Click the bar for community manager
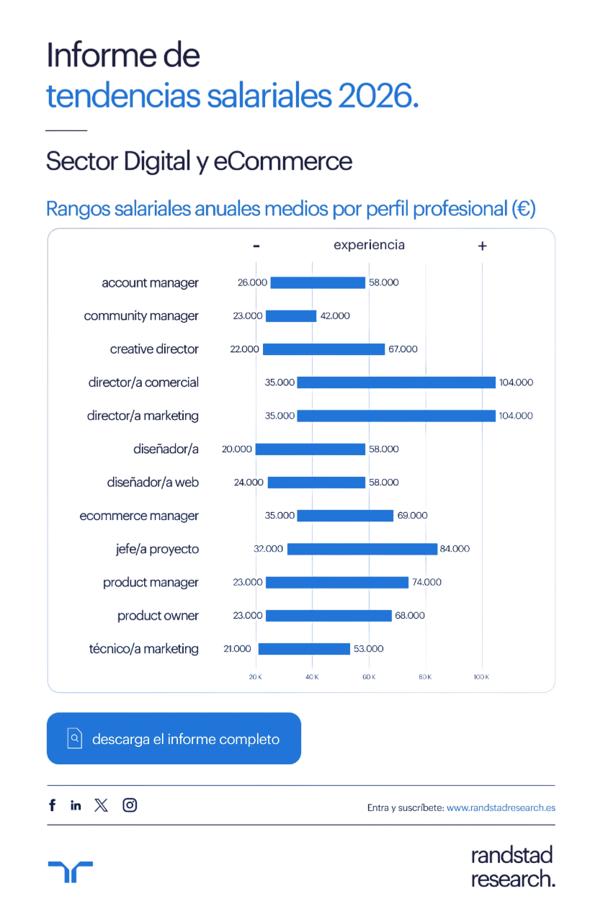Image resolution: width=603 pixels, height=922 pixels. (291, 316)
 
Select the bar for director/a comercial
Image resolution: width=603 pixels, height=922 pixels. (396, 382)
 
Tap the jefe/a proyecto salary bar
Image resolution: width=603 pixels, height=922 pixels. (362, 549)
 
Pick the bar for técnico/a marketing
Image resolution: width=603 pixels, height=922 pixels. (304, 649)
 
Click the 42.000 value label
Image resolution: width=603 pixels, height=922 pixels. (335, 316)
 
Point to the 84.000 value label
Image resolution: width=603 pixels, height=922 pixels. (455, 549)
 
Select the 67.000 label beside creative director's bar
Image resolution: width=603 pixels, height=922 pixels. (402, 349)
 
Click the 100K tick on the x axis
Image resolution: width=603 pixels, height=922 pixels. (481, 677)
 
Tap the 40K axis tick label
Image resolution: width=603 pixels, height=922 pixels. (312, 677)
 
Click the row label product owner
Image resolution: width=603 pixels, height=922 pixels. (158, 616)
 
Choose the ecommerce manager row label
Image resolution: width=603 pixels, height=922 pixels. (139, 516)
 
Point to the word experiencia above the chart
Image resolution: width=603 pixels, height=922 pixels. (369, 245)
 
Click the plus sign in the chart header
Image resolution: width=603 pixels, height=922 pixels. (483, 246)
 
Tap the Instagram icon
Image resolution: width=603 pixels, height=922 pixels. (130, 805)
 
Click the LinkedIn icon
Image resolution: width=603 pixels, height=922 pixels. (76, 805)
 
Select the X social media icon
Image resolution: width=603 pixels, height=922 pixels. (102, 805)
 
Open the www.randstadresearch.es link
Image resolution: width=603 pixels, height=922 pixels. (501, 808)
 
